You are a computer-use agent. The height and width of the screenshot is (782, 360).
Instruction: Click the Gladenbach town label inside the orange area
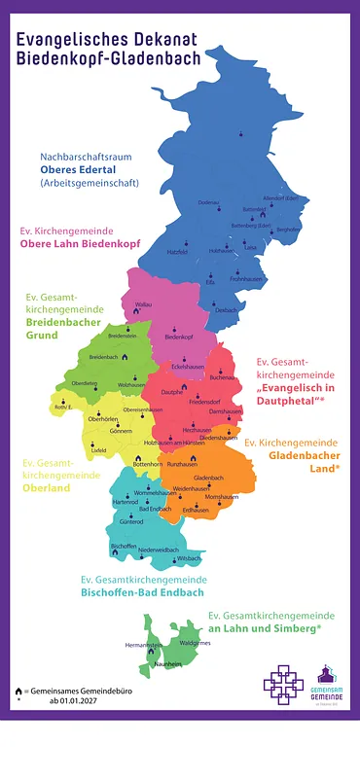pyautogui.click(x=208, y=478)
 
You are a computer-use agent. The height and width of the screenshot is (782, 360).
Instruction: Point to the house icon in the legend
pyautogui.click(x=18, y=689)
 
